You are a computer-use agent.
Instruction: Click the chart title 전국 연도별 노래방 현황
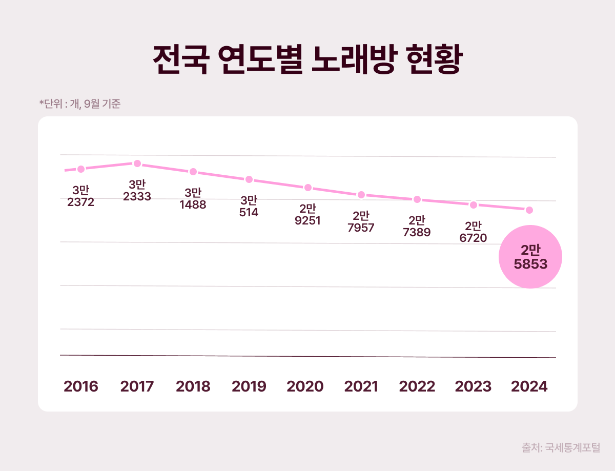(307, 60)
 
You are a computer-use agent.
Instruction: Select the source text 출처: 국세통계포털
(561, 447)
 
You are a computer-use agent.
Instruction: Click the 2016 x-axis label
(80, 386)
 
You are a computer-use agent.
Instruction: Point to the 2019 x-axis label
(249, 386)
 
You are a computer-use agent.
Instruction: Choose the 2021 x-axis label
(361, 386)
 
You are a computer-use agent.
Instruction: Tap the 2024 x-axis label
(530, 386)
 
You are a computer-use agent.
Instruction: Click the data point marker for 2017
(137, 163)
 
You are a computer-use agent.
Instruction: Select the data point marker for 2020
(308, 188)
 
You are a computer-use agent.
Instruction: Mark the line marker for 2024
(530, 210)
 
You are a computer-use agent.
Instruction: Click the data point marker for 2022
(417, 199)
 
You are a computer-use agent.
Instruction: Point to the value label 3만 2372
(80, 196)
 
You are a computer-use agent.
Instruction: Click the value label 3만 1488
(193, 199)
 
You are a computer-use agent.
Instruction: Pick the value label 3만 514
(249, 207)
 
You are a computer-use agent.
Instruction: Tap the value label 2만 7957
(361, 222)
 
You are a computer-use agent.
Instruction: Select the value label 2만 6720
(473, 232)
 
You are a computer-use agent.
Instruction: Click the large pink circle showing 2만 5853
(530, 257)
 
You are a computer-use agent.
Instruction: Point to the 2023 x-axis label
(473, 386)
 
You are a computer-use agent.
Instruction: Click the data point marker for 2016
(80, 169)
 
